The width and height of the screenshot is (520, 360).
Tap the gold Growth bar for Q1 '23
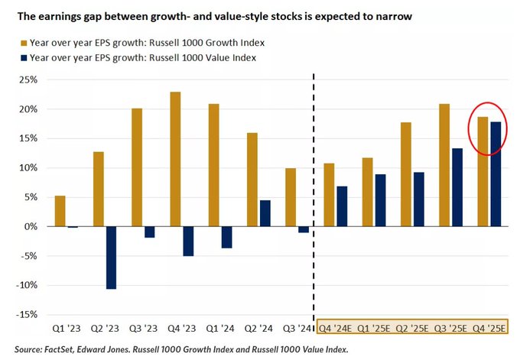pyautogui.click(x=60, y=211)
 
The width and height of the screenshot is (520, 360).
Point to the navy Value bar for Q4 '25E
pyautogui.click(x=496, y=174)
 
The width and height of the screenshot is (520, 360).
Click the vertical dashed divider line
pyautogui.click(x=315, y=191)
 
